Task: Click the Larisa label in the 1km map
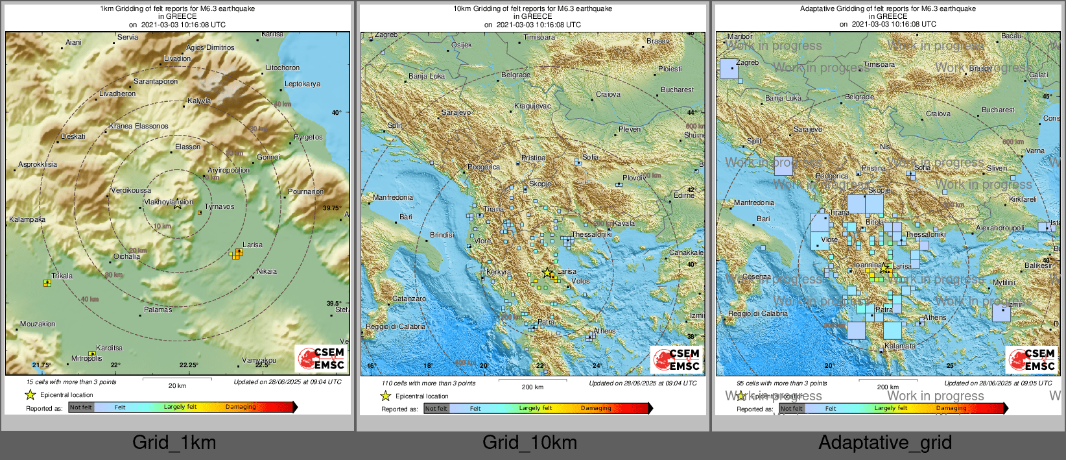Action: pyautogui.click(x=252, y=245)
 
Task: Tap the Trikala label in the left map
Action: pyautogui.click(x=62, y=276)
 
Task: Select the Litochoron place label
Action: pyautogui.click(x=283, y=67)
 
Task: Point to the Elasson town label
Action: pyautogui.click(x=187, y=147)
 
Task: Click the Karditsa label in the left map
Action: pyautogui.click(x=109, y=348)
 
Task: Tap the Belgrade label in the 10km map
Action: pyautogui.click(x=515, y=75)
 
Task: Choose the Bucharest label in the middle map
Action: pyautogui.click(x=677, y=90)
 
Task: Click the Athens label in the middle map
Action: pyautogui.click(x=604, y=331)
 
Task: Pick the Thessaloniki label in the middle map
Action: pyautogui.click(x=591, y=234)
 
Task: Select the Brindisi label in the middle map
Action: pyautogui.click(x=442, y=235)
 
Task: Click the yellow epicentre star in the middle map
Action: pyautogui.click(x=547, y=272)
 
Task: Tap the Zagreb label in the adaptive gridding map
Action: pyautogui.click(x=747, y=62)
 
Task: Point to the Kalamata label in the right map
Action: pyautogui.click(x=899, y=346)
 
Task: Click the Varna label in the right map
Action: pyautogui.click(x=1035, y=151)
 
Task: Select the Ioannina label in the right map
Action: pyautogui.click(x=868, y=265)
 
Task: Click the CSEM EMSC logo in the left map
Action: pyautogui.click(x=321, y=359)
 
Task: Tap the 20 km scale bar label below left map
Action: pyautogui.click(x=177, y=385)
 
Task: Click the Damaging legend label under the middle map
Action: pyautogui.click(x=595, y=408)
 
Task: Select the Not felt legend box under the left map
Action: pyautogui.click(x=81, y=407)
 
